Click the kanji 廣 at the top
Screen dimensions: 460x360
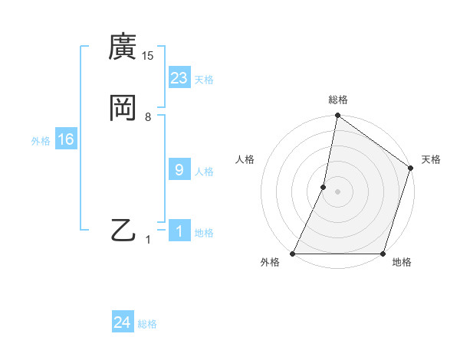[x=122, y=47]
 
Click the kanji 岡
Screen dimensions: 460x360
[x=122, y=107]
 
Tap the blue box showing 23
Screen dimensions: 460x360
[x=179, y=78]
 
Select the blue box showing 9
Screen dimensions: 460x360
[x=179, y=170]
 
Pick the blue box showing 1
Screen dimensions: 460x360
[x=179, y=231]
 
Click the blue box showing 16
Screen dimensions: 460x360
[x=66, y=139]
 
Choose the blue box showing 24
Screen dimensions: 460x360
[x=122, y=322]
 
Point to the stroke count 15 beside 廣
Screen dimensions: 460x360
[x=147, y=56]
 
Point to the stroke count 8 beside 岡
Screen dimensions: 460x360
[x=148, y=117]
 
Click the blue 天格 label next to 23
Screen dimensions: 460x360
[x=204, y=80]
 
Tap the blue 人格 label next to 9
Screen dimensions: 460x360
[x=204, y=172]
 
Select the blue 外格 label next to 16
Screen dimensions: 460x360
[x=41, y=141]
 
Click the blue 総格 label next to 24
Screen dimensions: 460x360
[x=147, y=324]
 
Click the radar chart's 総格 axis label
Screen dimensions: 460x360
[x=338, y=100]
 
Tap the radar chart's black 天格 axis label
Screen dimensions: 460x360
[x=432, y=159]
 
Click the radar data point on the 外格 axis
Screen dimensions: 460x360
[x=293, y=254]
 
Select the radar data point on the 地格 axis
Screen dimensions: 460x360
[x=383, y=254]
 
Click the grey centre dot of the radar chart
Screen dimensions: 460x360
[x=338, y=191]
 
